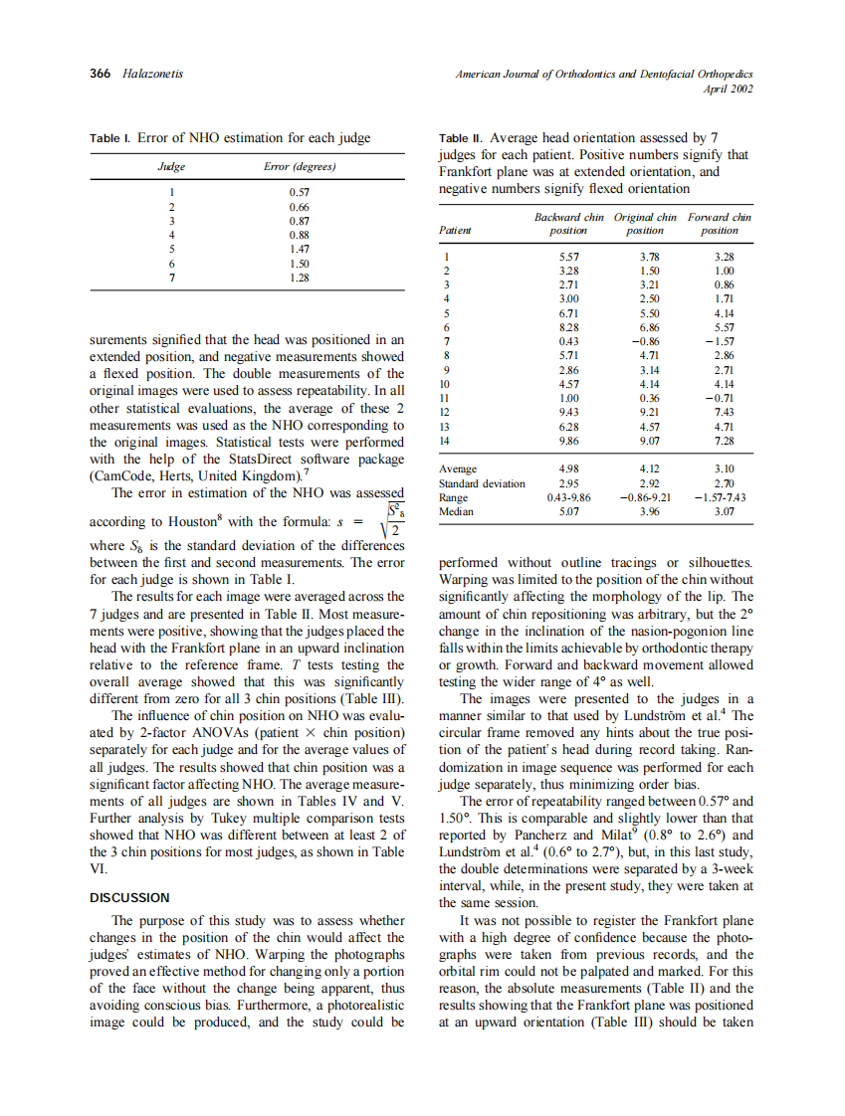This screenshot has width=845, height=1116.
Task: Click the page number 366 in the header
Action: tap(101, 75)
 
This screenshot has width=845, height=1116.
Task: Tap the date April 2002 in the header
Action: tap(728, 89)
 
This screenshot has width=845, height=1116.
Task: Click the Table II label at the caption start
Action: tap(461, 138)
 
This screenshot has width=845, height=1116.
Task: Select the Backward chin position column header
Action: tap(569, 223)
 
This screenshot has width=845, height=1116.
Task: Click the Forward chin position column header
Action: tap(719, 223)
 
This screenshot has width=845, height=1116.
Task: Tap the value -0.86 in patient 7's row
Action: tap(643, 340)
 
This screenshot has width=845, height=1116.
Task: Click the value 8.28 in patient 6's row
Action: tap(569, 326)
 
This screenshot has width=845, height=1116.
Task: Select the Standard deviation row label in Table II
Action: tap(482, 483)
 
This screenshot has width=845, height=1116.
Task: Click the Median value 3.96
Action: tap(645, 511)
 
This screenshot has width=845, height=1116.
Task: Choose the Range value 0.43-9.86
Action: tap(569, 497)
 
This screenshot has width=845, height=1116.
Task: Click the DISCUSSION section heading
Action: tap(129, 897)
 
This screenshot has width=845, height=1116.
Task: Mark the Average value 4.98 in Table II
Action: tap(569, 468)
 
